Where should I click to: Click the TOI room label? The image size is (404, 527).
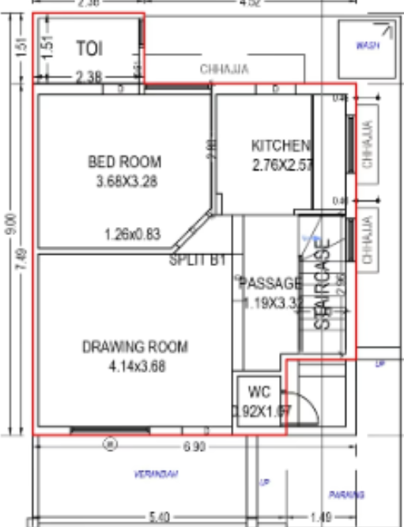(x=89, y=48)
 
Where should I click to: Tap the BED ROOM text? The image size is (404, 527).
(x=124, y=162)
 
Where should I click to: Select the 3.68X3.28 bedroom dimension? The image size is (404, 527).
(x=124, y=181)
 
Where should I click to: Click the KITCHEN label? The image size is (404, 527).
(x=280, y=146)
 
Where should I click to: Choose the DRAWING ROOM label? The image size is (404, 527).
(x=135, y=347)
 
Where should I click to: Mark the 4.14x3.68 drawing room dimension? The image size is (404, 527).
(x=135, y=366)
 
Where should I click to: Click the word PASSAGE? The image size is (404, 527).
(x=270, y=283)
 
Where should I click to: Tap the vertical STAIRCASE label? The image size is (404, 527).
(x=322, y=285)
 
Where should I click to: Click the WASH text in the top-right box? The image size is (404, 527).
(x=367, y=46)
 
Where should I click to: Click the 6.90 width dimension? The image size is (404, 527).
(x=194, y=448)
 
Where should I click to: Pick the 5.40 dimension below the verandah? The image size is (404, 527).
(x=158, y=518)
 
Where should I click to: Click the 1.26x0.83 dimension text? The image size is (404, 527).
(x=132, y=234)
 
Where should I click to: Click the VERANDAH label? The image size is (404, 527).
(x=155, y=475)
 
